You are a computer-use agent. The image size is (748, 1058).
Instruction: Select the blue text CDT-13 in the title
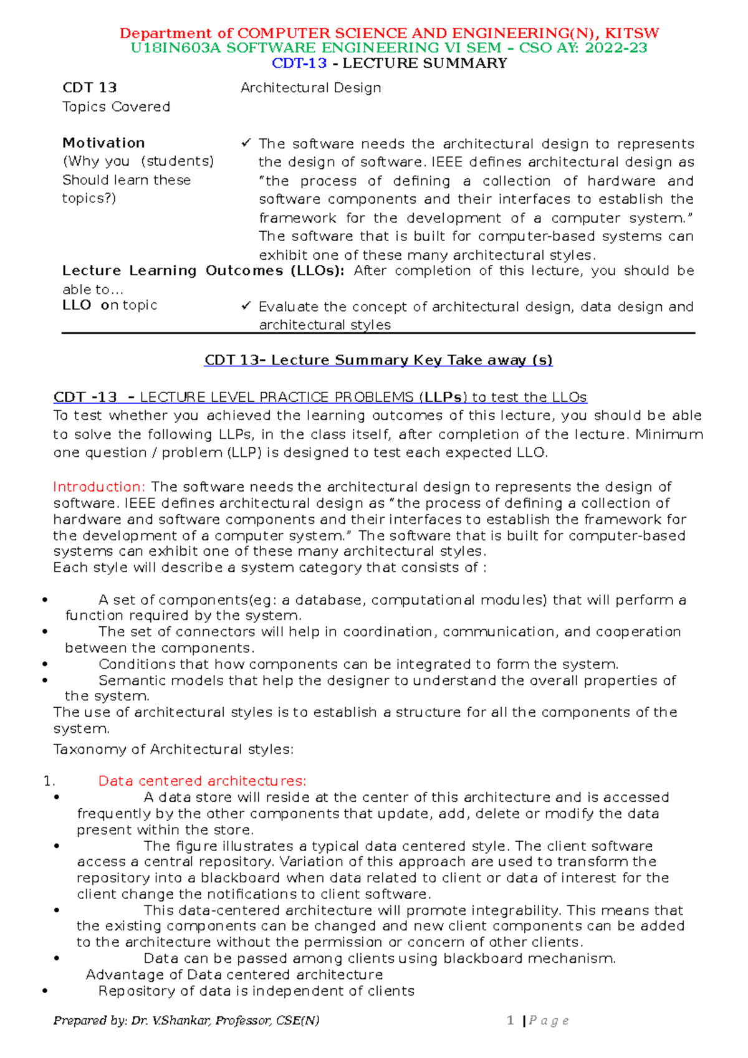299,63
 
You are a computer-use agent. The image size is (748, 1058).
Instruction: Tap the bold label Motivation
103,143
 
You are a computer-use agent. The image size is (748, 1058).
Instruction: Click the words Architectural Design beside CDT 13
310,88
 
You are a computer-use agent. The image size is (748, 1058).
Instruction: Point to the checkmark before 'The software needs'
246,143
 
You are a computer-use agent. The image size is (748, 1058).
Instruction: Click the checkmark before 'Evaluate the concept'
246,306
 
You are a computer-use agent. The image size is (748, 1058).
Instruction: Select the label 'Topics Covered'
116,107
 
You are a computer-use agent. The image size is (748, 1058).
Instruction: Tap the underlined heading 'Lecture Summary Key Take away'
378,360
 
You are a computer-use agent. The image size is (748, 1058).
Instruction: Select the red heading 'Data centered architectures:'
202,781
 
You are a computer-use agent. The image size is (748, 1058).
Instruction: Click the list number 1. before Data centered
50,781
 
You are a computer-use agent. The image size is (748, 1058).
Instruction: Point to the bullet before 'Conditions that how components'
45,664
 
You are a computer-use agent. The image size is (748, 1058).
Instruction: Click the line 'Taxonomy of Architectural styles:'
173,749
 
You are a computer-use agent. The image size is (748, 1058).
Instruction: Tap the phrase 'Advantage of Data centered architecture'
234,975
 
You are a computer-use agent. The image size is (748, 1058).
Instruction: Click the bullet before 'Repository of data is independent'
45,991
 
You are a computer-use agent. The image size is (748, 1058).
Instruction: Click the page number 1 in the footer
510,1020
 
